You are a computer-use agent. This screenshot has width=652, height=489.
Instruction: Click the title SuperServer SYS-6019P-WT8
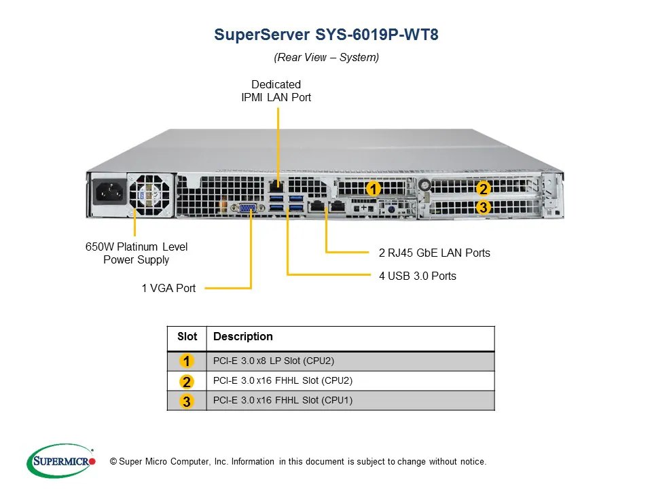point(326,35)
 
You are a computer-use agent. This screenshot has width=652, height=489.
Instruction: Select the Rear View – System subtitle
point(326,58)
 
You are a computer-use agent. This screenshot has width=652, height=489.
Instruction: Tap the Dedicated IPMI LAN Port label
point(276,91)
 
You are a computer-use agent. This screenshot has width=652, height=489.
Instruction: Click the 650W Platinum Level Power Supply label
point(137,253)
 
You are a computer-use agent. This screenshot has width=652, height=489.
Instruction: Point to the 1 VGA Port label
point(168,288)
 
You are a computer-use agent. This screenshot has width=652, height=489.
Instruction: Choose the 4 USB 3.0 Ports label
point(418,276)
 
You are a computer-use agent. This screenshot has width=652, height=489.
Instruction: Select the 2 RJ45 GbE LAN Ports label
point(434,253)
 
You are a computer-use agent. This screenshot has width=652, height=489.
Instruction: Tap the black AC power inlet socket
point(109,194)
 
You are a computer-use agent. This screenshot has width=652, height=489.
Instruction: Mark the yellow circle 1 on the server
point(372,189)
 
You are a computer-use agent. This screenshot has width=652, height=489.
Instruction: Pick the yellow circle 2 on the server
point(483,189)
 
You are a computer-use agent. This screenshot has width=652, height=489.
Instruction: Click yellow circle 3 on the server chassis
point(483,208)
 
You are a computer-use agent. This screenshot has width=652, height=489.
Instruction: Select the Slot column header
point(187,337)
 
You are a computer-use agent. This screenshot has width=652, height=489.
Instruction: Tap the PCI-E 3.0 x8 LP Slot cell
point(274,361)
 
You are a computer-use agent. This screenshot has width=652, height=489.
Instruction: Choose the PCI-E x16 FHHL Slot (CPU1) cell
point(283,401)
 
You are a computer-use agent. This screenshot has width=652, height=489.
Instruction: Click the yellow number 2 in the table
point(187,382)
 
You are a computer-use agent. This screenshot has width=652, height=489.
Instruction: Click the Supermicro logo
point(61,461)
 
